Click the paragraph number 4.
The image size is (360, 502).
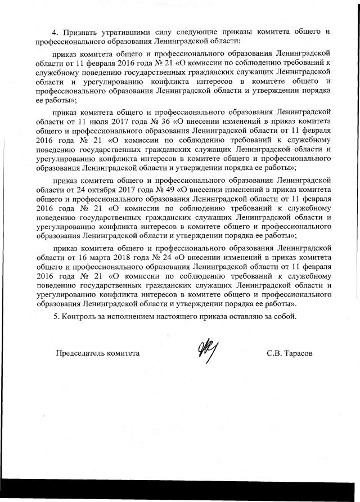click(x=56, y=32)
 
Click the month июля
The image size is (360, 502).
click(x=95, y=122)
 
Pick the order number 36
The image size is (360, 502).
click(x=166, y=122)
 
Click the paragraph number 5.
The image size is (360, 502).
click(x=56, y=317)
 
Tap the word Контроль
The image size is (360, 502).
click(x=80, y=317)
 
